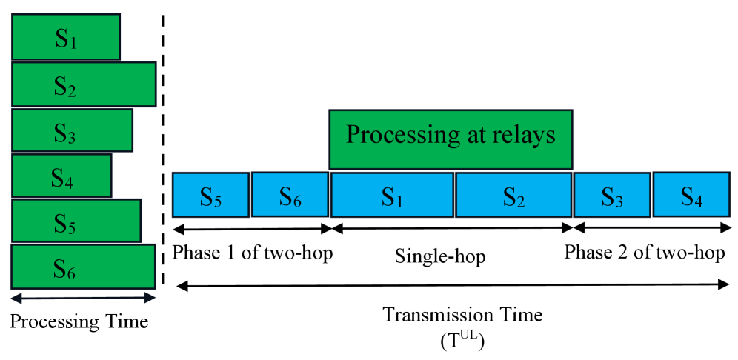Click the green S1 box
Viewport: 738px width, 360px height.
(65, 37)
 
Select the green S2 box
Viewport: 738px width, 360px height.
(83, 84)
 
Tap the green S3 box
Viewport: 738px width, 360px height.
(72, 131)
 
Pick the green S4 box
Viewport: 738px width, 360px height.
(61, 176)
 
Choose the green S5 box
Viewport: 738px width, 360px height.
(76, 221)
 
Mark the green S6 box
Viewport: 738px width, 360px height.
(83, 267)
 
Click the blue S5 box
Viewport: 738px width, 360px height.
(210, 196)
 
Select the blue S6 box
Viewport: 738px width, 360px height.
(290, 196)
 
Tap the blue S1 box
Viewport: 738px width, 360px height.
(392, 196)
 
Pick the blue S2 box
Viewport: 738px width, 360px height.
(514, 196)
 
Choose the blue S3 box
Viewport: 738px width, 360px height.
(612, 196)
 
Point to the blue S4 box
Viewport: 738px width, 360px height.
(691, 196)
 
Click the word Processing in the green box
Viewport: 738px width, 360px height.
(392, 137)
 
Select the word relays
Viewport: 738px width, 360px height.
(528, 136)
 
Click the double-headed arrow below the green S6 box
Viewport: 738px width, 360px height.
(83, 298)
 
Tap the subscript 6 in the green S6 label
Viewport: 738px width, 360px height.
(71, 274)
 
